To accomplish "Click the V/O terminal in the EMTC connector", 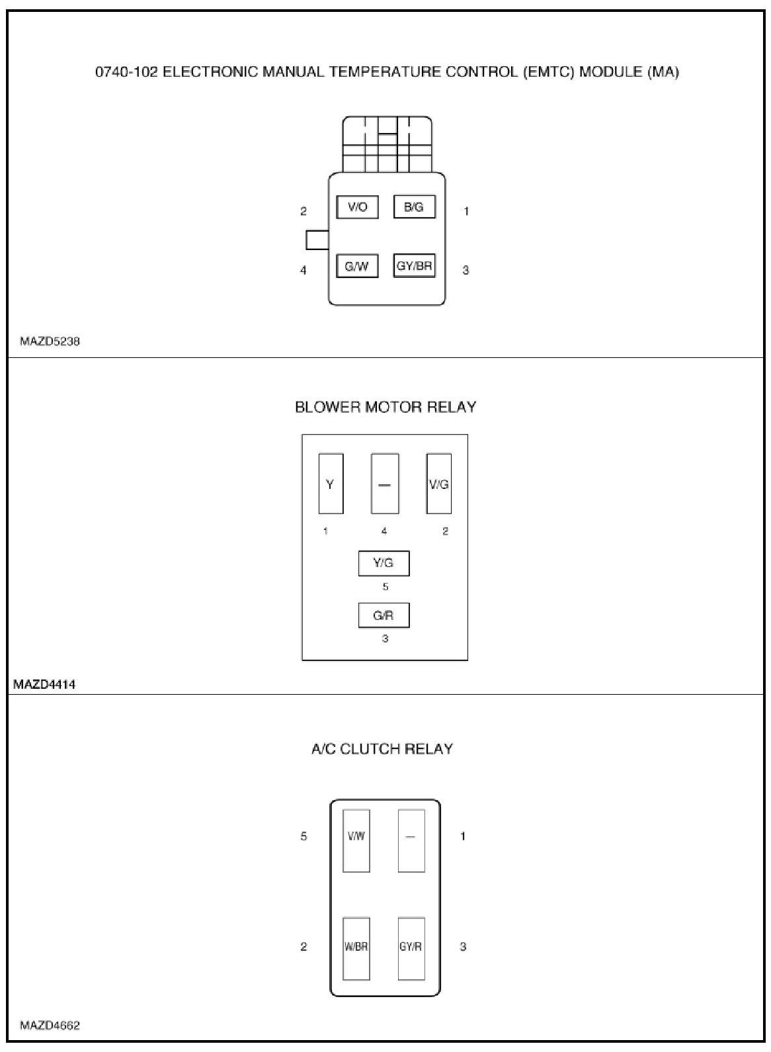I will point(357,207).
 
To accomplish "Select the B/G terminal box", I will point(414,207).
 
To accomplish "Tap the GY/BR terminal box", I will point(414,266).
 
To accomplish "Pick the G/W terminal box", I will point(357,266).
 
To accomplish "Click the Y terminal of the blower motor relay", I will point(331,484).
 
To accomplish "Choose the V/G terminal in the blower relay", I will point(438,484).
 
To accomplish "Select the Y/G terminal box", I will point(384,563).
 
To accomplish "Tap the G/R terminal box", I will point(384,615).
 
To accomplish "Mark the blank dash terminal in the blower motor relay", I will point(384,484).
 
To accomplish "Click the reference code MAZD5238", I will point(50,341).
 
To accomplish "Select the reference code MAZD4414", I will point(44,684).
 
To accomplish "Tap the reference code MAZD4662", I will point(50,1026).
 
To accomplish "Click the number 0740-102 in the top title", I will point(126,71).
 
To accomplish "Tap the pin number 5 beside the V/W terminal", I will point(304,836).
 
